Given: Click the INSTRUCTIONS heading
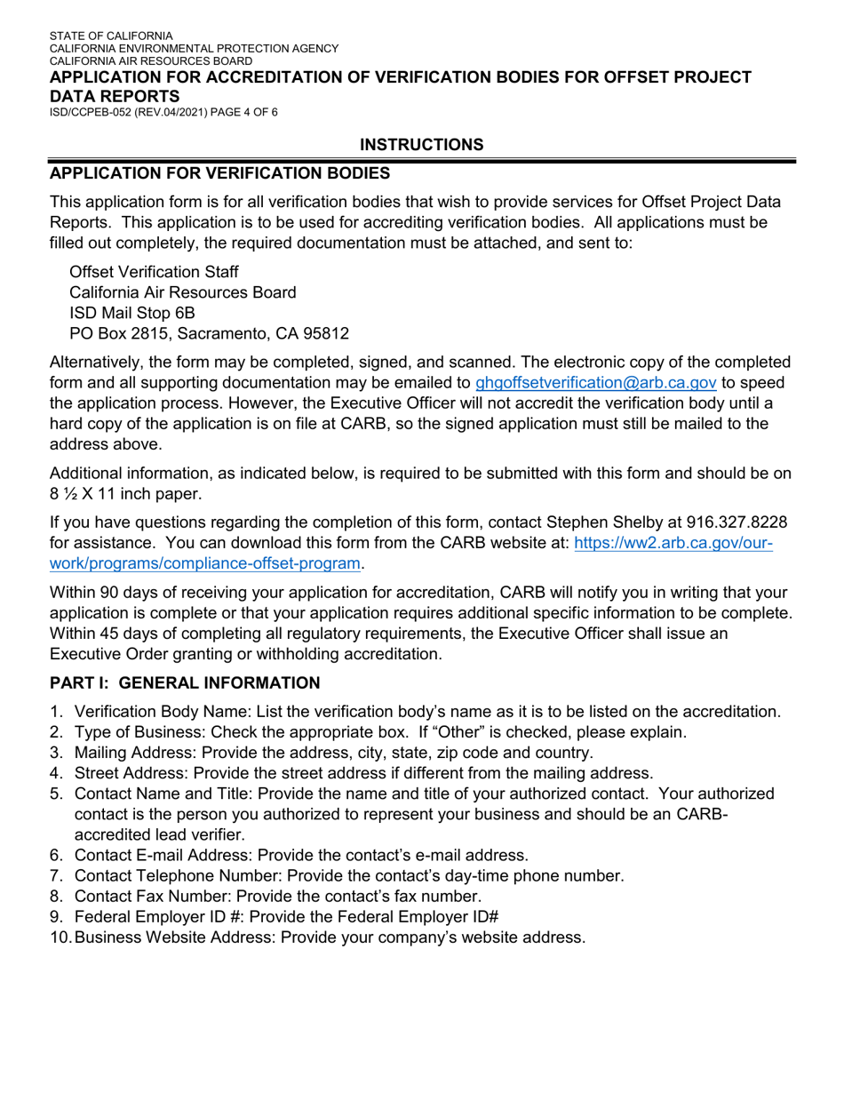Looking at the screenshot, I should (x=422, y=145).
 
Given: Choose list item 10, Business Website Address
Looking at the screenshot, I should (x=329, y=937).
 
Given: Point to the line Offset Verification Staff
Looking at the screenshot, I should (x=153, y=271).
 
